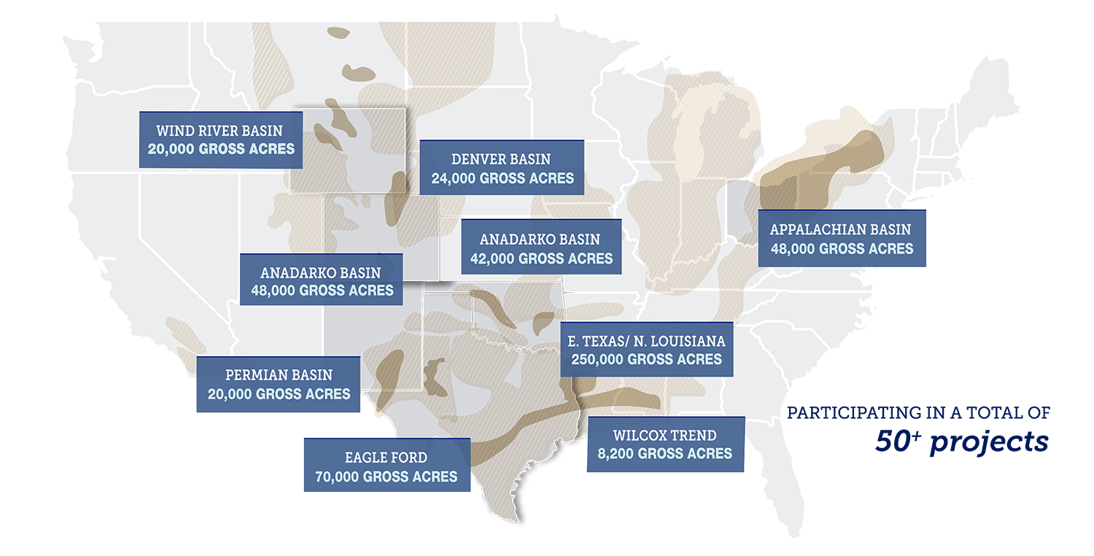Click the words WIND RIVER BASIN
pos(219,131)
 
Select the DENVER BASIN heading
pos(501,159)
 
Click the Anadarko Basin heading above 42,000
pos(540,239)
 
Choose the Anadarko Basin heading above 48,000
pos(320,273)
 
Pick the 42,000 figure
pos(494,258)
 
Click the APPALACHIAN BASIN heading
pos(840,230)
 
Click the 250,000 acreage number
pos(597,359)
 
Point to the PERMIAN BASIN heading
pos(279,375)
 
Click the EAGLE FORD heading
pos(386,458)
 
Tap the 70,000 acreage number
pos(337,477)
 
